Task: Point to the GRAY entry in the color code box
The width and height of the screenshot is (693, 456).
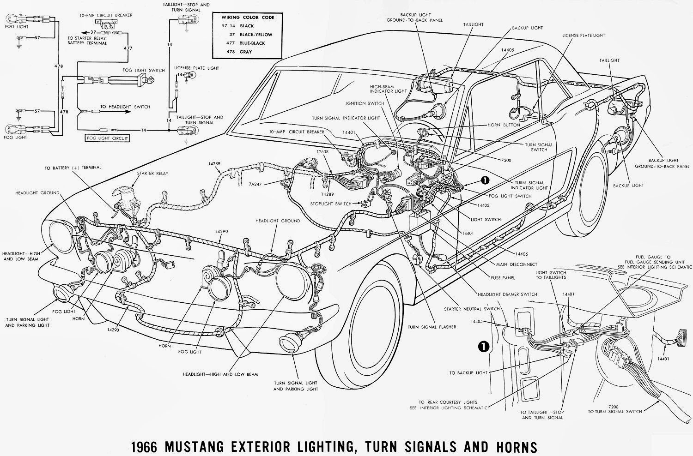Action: (246, 52)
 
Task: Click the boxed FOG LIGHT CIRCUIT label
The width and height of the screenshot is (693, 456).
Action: (107, 138)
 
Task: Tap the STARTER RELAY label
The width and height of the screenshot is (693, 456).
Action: (152, 174)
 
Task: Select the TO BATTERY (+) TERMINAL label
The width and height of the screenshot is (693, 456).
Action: (73, 168)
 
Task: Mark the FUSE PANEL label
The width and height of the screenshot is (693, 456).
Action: (503, 278)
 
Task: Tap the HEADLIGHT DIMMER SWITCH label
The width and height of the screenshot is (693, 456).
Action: (509, 294)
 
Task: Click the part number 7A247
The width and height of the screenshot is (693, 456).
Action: (255, 183)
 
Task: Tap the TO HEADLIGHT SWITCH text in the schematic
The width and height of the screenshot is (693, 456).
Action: (125, 107)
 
